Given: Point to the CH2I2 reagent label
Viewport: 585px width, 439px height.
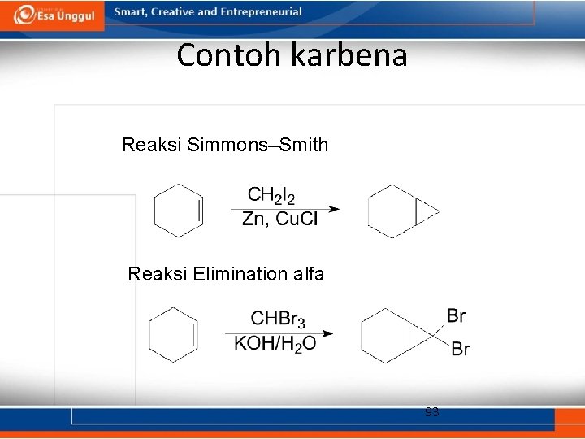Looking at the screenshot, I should point(271,195).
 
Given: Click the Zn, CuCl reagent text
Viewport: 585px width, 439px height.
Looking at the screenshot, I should point(280,219).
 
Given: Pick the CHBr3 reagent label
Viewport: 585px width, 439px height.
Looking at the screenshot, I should point(278,319).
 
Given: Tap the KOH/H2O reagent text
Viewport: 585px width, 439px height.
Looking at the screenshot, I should point(275,343).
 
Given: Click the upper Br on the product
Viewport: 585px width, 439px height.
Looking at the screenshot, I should point(457,315).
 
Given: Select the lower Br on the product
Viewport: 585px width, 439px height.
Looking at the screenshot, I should point(460,350).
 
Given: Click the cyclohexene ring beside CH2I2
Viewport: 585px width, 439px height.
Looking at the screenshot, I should point(178,211).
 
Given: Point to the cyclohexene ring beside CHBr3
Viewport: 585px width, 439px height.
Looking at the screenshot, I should point(173,334).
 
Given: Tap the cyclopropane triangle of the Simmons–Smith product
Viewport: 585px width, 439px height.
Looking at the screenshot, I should point(426,211).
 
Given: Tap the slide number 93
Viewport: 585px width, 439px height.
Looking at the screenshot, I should point(432,413).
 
